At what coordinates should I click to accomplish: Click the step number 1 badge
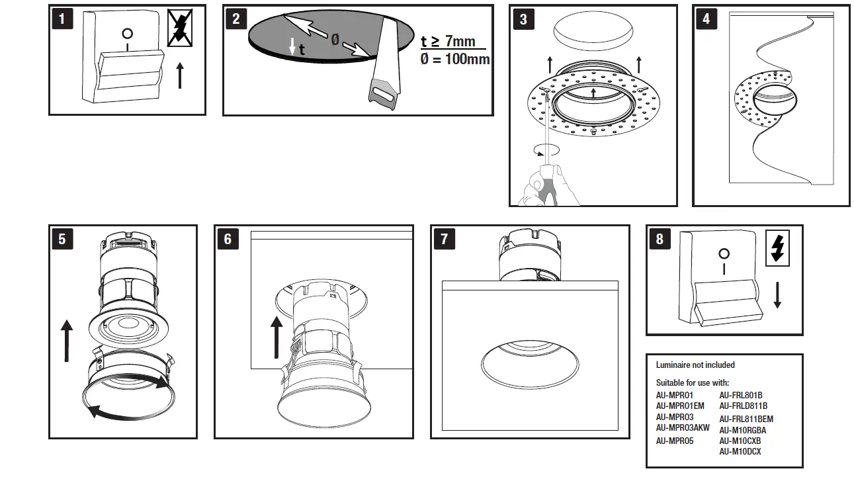(x=62, y=19)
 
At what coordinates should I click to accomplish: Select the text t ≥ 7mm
(x=448, y=42)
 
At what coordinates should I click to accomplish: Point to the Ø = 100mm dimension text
(x=454, y=59)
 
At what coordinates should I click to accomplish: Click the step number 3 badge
(x=523, y=19)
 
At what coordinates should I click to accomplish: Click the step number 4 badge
(x=706, y=19)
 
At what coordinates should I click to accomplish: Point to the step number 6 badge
(x=228, y=239)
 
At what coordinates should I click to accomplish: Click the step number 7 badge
(x=444, y=239)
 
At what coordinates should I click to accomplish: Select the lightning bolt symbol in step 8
(x=777, y=247)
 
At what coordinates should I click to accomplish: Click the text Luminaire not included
(x=695, y=365)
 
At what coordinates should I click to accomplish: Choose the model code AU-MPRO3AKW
(x=683, y=428)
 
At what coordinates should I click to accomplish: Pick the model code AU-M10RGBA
(x=742, y=430)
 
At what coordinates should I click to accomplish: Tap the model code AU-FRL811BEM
(x=746, y=419)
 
